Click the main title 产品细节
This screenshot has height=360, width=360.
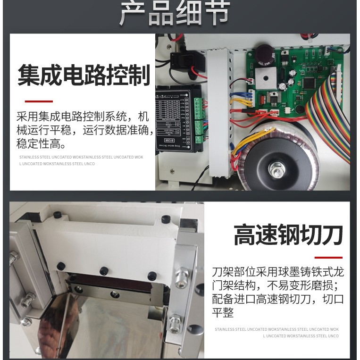174,14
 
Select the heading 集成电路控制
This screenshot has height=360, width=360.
84,75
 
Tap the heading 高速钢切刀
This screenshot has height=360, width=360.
288,234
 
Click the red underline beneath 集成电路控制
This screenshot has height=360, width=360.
39,101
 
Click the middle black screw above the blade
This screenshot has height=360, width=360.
103,271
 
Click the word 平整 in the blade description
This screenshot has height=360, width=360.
223,312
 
